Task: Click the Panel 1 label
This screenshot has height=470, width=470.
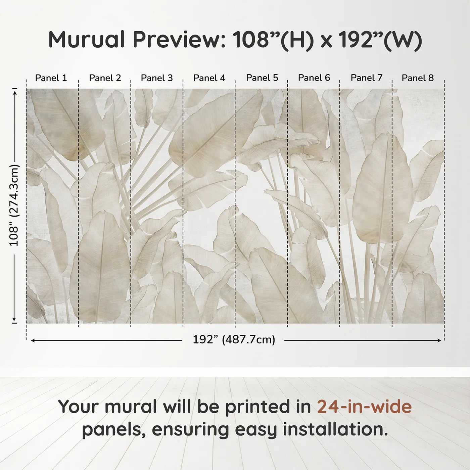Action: point(51,78)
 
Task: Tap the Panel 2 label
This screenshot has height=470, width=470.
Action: point(105,78)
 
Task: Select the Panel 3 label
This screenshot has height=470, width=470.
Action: point(157,78)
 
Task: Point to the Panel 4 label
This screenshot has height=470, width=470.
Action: point(209,78)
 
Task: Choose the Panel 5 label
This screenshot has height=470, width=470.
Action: point(262,78)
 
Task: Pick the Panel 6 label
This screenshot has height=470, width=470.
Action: point(314,78)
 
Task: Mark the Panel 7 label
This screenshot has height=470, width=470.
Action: point(367,78)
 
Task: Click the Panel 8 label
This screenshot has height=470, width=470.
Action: point(418,78)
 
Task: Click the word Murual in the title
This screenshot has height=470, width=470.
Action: point(87,40)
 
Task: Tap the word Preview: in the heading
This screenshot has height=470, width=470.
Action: point(179,40)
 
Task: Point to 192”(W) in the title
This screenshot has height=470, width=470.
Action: point(380,40)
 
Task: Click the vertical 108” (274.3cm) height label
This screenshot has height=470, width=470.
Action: point(14,205)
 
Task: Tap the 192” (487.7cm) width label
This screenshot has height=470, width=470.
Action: point(234,340)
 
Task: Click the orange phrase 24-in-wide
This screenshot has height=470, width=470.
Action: point(364,407)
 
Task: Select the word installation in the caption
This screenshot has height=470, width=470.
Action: point(333,429)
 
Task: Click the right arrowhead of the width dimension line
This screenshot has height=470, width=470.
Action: point(439,340)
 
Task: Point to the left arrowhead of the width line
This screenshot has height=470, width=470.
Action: point(33,340)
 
